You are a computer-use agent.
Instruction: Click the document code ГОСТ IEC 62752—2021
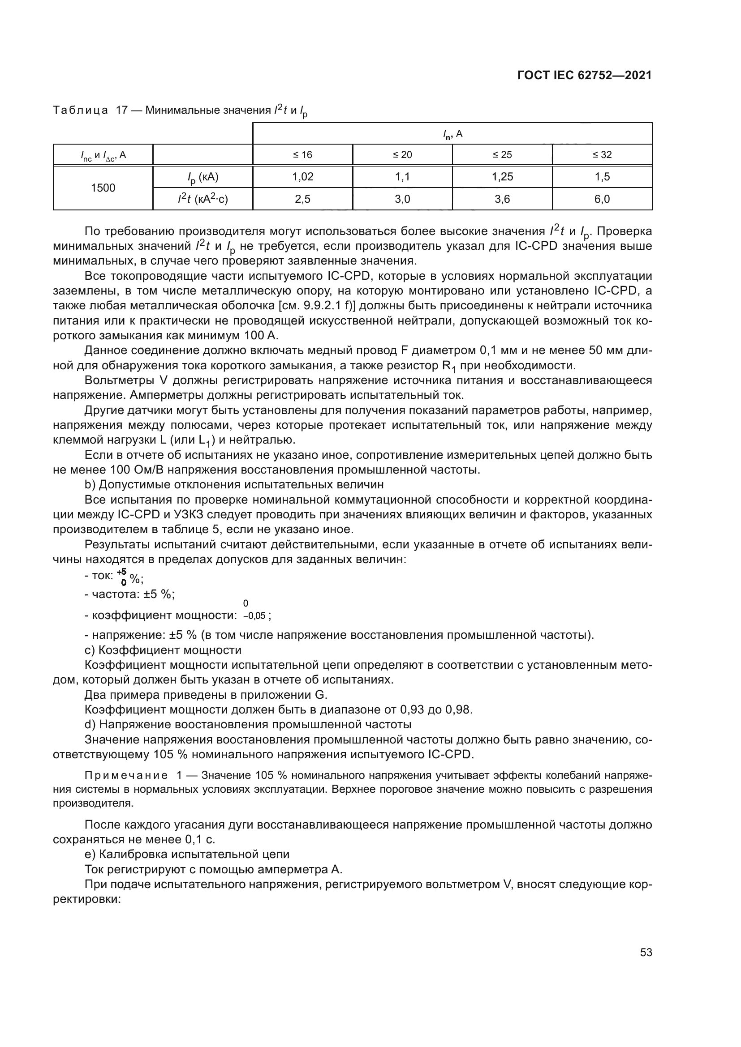(585, 76)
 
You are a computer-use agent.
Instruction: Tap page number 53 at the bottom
(646, 952)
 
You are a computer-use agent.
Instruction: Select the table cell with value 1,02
(302, 177)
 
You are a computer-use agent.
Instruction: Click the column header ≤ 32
(602, 155)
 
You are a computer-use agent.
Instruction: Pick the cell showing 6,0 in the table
(602, 199)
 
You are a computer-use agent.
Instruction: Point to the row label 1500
(103, 188)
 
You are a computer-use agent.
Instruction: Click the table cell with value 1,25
(502, 177)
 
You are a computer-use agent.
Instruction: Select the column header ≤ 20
(402, 155)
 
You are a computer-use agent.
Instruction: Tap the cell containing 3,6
(502, 199)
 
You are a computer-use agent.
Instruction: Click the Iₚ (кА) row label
(202, 177)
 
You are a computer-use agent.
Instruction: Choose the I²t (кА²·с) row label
(202, 199)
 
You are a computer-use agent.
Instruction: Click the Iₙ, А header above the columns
(452, 134)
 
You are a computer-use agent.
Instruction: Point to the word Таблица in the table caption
(80, 111)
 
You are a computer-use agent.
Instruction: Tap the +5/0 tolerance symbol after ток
(123, 577)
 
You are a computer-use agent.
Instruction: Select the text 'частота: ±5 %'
(133, 594)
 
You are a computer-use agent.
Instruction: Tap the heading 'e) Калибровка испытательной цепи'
(187, 854)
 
